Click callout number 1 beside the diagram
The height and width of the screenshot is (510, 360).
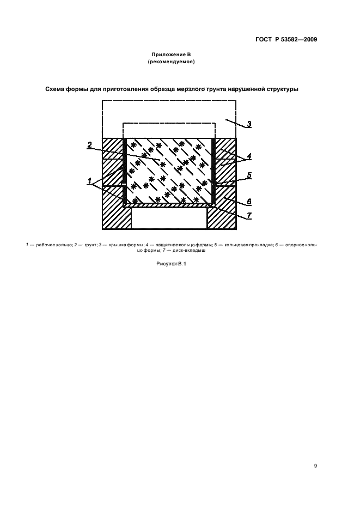pos(89,181)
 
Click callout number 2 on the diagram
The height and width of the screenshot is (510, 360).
pos(90,145)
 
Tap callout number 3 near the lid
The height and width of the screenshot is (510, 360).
pos(249,124)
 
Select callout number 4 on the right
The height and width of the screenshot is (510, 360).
pos(249,156)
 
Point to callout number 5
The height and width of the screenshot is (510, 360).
pos(249,175)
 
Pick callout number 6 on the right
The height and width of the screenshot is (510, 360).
pos(249,202)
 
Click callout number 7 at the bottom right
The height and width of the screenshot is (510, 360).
pos(249,215)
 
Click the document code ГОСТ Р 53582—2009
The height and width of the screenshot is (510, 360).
pos(286,40)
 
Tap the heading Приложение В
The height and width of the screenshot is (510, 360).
pos(171,54)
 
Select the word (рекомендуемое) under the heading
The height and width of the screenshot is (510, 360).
pos(171,62)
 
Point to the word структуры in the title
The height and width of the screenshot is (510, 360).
pos(283,89)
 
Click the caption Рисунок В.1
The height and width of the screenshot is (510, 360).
pos(171,264)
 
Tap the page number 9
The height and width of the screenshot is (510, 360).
pos(315,466)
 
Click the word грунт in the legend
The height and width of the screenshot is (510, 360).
pos(90,245)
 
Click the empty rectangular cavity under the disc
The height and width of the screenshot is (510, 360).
pos(169,218)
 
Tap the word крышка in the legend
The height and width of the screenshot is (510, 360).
pos(118,245)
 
